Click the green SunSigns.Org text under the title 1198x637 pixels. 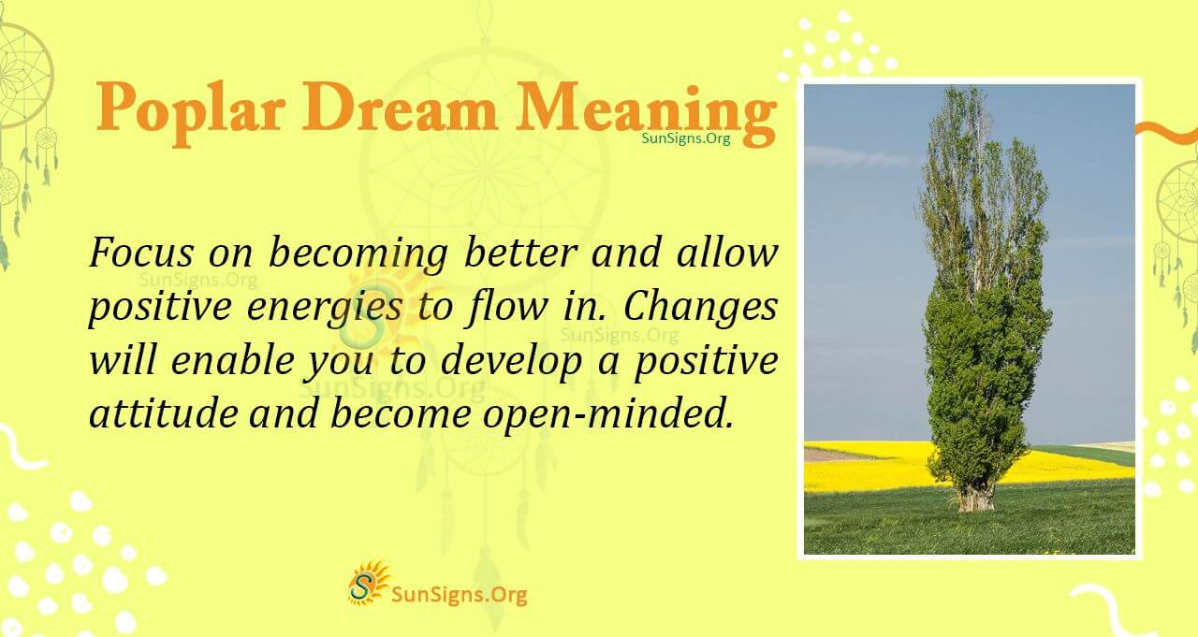tap(685, 138)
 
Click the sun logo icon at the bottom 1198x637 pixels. tap(369, 583)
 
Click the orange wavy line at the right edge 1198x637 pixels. tap(1165, 131)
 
